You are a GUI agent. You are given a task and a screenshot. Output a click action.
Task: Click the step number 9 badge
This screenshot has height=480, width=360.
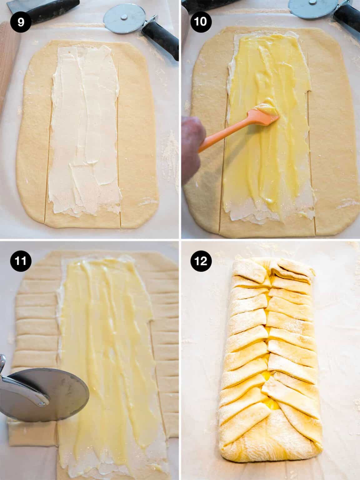click(x=20, y=22)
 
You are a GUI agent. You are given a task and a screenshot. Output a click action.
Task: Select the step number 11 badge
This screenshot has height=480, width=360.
click(x=20, y=260)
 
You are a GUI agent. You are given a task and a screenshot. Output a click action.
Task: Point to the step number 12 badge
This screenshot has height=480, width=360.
click(x=201, y=260)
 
